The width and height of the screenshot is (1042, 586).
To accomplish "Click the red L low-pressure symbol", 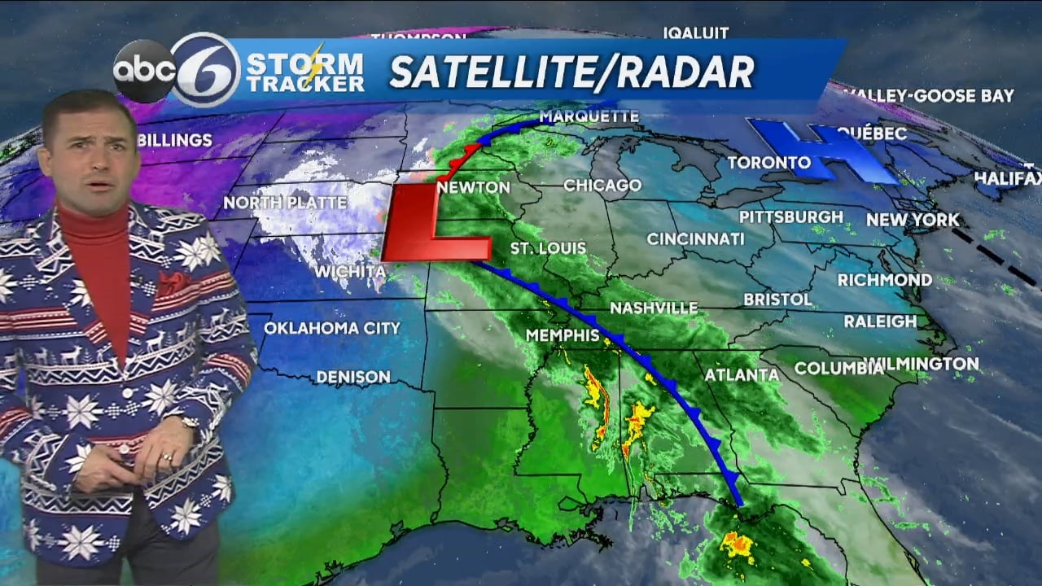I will point(431,224).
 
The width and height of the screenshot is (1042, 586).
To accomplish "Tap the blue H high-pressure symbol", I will point(822,151).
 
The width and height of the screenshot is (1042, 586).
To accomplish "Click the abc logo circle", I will point(144,71).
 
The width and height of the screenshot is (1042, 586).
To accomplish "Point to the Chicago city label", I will point(602,186).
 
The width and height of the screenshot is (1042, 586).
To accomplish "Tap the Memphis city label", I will point(563,335).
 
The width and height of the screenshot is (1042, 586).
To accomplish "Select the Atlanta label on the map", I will point(742,375).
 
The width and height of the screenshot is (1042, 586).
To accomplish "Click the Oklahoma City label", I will point(332,328).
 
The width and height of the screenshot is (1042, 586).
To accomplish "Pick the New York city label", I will point(913,220).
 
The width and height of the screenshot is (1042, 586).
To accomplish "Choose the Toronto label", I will point(769,163).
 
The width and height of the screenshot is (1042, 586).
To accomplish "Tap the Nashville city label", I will point(654,308).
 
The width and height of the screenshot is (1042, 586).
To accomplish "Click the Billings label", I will point(175,140).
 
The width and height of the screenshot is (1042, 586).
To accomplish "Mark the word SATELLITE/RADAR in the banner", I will point(572,72).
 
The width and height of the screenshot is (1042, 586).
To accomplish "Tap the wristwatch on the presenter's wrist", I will point(190,423).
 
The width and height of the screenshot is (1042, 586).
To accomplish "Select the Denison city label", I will point(353,377).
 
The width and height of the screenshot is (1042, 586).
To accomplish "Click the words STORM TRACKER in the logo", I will point(304,72).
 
